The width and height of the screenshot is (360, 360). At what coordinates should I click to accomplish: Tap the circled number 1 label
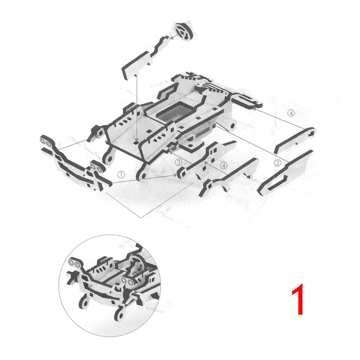point(121,175)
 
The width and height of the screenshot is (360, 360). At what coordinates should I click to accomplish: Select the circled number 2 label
point(278,163)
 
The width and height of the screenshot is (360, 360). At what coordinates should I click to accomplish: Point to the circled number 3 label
point(178,162)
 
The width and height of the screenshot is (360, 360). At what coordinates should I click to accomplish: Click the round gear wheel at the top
point(183,31)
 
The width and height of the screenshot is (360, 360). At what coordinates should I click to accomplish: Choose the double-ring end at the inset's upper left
point(75,263)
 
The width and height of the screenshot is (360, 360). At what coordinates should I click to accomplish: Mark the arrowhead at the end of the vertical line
point(137,139)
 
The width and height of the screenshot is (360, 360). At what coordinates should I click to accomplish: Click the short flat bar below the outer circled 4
point(295,140)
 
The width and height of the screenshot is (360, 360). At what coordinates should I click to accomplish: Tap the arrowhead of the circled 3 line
point(171,150)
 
